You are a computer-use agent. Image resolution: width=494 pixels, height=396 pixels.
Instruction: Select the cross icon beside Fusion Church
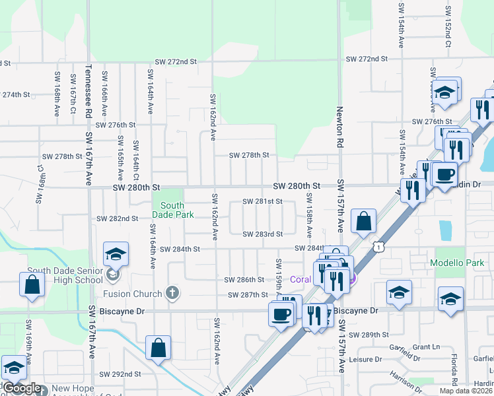(172, 294)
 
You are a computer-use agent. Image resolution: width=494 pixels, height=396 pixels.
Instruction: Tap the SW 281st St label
(262, 201)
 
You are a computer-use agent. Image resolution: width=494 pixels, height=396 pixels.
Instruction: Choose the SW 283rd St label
(262, 234)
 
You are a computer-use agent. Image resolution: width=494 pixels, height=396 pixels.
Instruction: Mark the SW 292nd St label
(120, 374)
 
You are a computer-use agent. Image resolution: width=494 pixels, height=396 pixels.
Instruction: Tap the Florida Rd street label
(454, 369)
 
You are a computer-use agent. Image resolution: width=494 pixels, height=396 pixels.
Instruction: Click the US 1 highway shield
(378, 246)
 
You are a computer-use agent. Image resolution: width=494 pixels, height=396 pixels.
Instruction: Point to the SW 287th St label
(248, 294)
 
